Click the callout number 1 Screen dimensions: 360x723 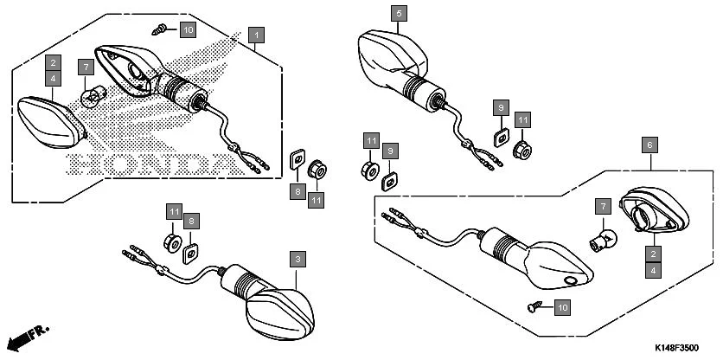[x=255, y=35]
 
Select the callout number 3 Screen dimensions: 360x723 [x=297, y=259]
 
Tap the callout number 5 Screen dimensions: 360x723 [x=398, y=14]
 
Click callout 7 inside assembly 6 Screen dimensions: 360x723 [x=602, y=206]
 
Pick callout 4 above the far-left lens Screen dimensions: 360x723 [x=54, y=78]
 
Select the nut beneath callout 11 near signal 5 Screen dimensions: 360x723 [x=522, y=149]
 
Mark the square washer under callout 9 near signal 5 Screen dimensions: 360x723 [x=499, y=137]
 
